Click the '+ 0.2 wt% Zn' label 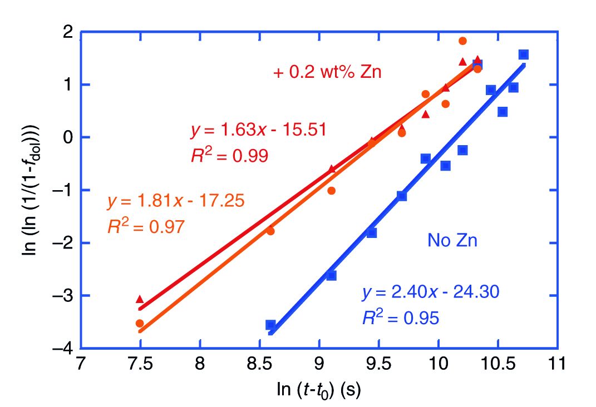point(327,72)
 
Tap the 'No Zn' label point(452,240)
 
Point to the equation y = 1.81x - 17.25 point(175,201)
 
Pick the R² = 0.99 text point(229,156)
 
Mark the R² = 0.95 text point(401,317)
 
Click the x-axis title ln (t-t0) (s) point(318,390)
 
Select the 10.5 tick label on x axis point(498,365)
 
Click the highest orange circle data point point(462,41)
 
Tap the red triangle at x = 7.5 point(140,299)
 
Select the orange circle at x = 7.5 point(140,323)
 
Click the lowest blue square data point point(271,325)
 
